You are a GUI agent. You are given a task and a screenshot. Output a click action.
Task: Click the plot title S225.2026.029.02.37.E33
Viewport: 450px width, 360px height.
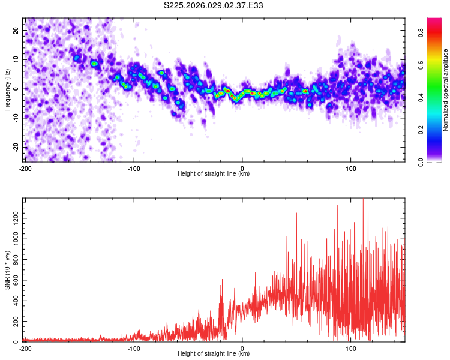pos(214,6)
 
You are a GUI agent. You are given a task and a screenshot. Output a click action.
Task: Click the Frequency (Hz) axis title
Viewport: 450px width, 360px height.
pos(7,89)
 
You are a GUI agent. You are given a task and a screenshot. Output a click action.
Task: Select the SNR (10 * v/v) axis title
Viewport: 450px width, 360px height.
pos(7,269)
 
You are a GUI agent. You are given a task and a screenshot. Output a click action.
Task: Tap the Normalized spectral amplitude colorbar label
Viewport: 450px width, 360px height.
pos(445,90)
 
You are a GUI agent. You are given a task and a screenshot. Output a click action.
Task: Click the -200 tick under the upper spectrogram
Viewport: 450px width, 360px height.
pos(25,168)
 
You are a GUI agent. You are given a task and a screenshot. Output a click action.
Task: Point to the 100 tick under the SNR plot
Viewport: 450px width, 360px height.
pos(350,348)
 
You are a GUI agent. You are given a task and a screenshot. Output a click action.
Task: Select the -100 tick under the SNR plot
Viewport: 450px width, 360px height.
pos(133,348)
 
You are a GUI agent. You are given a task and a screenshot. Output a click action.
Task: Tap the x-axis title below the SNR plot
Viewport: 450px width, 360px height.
pos(214,354)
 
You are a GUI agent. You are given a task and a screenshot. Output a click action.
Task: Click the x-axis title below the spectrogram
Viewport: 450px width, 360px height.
pos(214,174)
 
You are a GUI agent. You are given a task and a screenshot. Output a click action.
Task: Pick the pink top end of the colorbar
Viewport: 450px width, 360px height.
pos(434,21)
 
